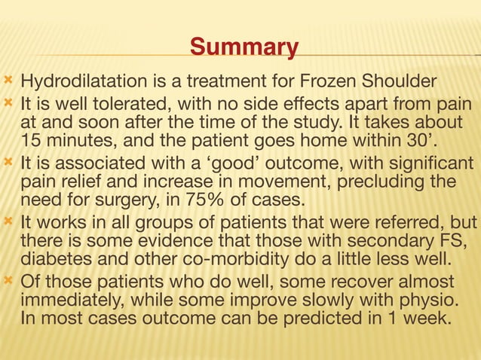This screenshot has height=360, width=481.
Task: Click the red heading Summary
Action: pyautogui.click(x=244, y=47)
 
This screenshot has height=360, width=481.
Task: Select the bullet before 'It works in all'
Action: pyautogui.click(x=9, y=223)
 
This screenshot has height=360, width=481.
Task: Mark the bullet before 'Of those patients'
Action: pyautogui.click(x=9, y=282)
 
